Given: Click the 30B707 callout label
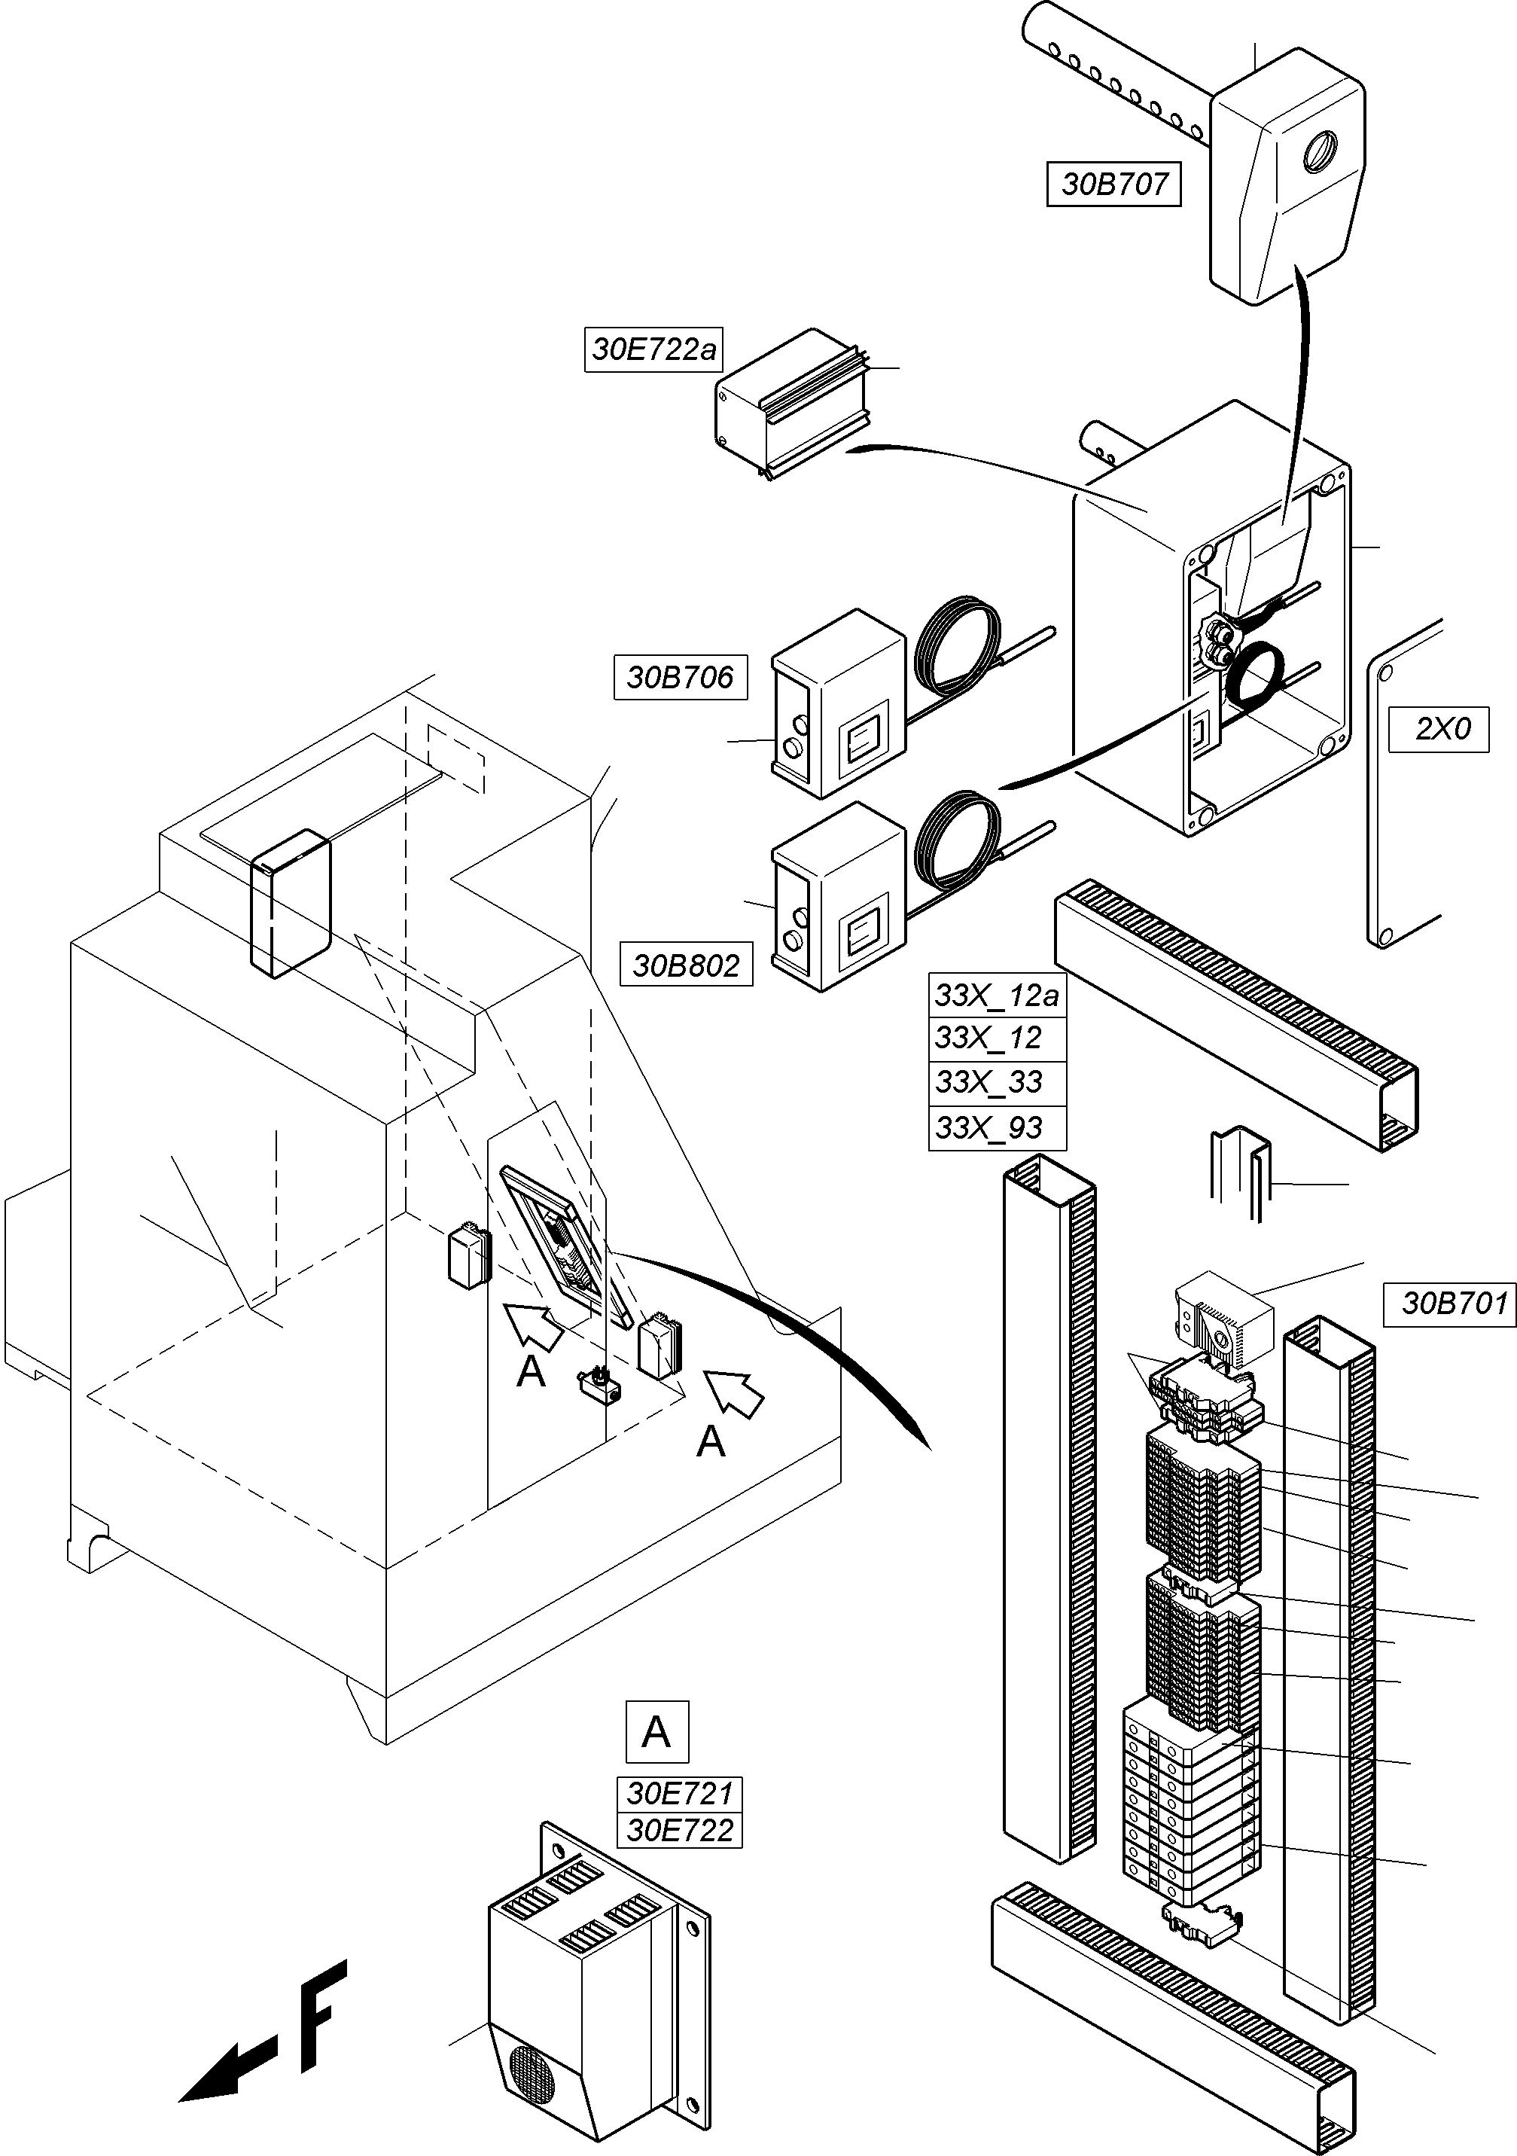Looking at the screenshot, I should [x=1113, y=184].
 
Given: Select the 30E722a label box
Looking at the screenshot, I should [x=653, y=350].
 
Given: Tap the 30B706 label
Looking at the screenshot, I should [x=680, y=677].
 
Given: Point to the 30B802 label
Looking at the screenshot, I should [x=686, y=965].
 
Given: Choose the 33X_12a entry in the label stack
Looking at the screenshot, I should [x=997, y=996].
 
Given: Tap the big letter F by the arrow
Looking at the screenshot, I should [x=322, y=2019].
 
